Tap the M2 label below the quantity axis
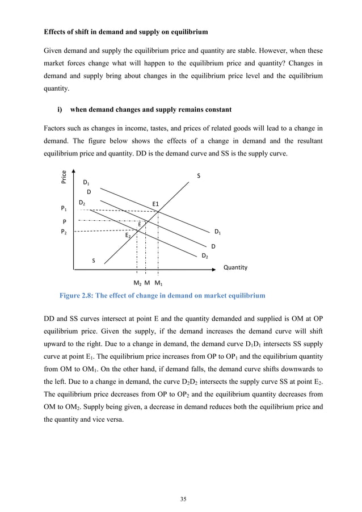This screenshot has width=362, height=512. [x=137, y=283]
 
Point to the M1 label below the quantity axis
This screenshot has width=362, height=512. [x=159, y=283]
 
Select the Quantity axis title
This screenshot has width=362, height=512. [x=235, y=267]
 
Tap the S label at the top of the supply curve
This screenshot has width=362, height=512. [x=198, y=176]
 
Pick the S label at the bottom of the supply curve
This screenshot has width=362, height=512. [x=94, y=261]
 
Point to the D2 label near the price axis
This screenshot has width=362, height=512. [x=82, y=203]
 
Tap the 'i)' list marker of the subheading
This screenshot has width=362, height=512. [x=61, y=110]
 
